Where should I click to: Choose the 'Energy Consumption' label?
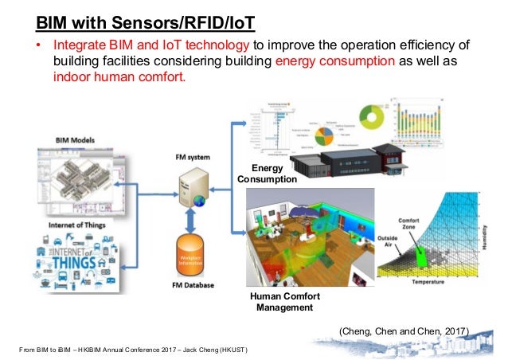click(x=267, y=174)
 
